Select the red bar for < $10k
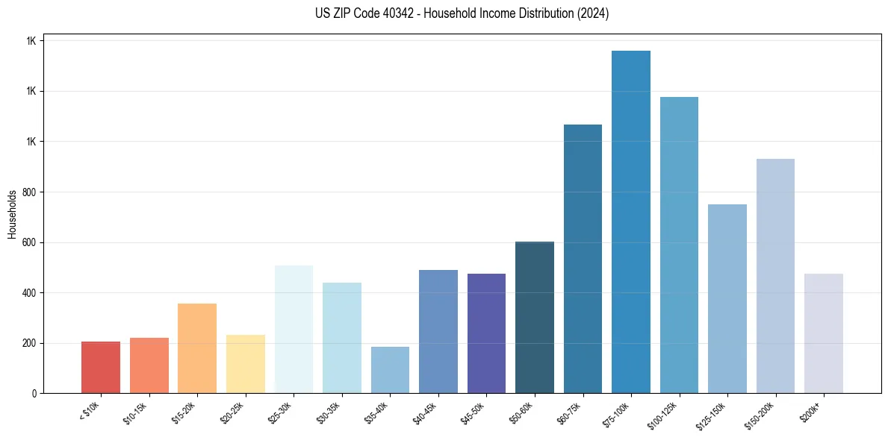coord(101,367)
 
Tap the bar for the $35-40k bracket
coord(390,370)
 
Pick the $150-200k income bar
coord(775,276)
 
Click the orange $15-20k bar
coord(197,348)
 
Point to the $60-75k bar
coord(583,259)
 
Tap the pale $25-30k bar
coord(294,329)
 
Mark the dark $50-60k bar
coord(535,317)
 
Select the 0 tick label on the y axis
coord(33,394)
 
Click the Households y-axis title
coord(12,213)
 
